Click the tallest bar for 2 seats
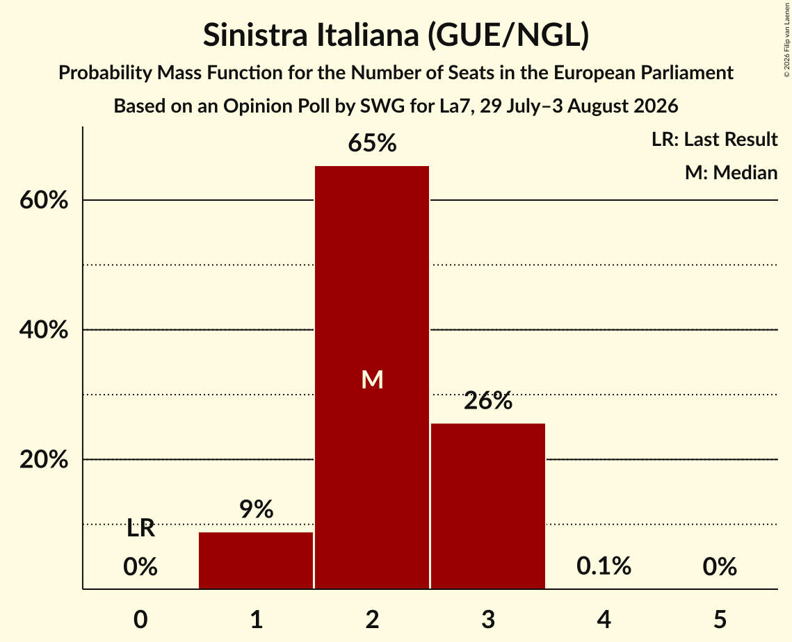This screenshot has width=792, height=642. (372, 377)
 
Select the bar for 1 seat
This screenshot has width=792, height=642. (256, 560)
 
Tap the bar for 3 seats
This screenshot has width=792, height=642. (488, 506)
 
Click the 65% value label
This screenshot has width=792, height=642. (372, 143)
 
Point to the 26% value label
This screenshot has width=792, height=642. (488, 401)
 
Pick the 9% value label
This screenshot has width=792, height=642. (256, 509)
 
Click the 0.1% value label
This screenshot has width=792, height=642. (604, 566)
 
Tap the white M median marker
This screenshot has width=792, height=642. (372, 379)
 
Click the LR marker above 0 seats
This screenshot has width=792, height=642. (140, 528)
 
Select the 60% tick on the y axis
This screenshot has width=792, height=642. (43, 200)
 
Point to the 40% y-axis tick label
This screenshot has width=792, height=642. (43, 330)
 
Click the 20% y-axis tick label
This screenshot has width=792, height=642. (43, 460)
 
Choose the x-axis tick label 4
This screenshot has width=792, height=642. (604, 619)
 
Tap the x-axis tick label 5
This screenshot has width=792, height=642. (720, 619)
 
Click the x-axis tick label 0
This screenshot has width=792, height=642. (140, 619)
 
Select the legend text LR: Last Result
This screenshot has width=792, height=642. (714, 139)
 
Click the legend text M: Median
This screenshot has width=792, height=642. (731, 172)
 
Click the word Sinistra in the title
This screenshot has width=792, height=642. (255, 35)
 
